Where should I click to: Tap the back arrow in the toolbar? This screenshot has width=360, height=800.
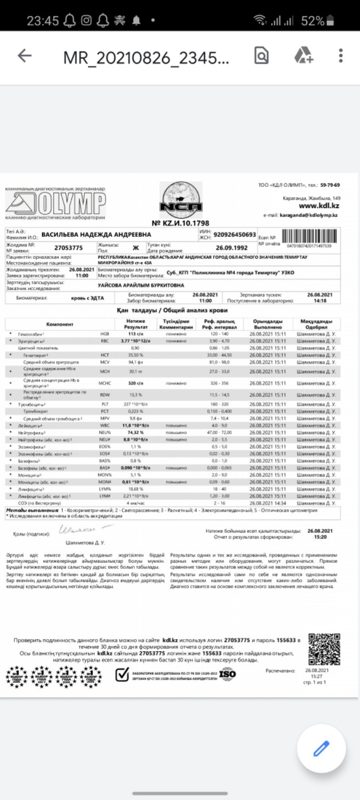click(25, 55)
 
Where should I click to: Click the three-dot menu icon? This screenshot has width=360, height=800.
click(341, 55)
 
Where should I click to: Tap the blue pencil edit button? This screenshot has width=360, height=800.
click(321, 749)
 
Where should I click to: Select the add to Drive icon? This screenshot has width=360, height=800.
click(303, 55)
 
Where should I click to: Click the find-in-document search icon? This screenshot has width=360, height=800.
click(261, 55)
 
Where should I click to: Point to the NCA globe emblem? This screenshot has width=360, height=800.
click(181, 201)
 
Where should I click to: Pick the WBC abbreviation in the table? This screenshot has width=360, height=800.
click(105, 426)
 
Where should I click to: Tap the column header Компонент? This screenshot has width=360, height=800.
click(60, 324)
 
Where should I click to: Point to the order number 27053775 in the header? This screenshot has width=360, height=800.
click(69, 248)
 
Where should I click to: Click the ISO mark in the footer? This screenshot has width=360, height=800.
click(228, 675)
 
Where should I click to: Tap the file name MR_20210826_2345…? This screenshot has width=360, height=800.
click(147, 57)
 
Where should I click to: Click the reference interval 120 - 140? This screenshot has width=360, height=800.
click(213, 333)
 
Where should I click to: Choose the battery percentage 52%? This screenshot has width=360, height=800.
click(313, 21)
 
